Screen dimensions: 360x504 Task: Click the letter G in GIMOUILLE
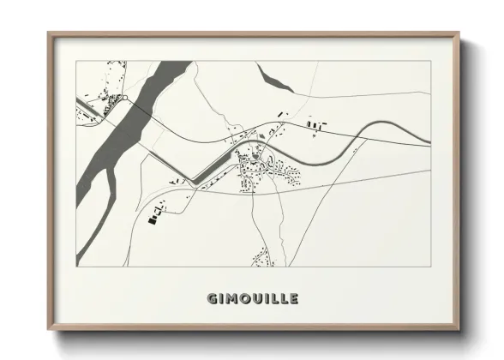click(x=212, y=298)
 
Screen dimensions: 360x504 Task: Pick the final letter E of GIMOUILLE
click(x=294, y=298)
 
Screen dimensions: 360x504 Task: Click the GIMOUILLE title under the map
click(x=253, y=298)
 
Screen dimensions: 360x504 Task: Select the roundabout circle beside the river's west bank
click(x=126, y=99)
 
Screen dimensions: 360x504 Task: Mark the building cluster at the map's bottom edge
click(x=260, y=255)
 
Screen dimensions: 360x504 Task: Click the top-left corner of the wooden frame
click(x=49, y=33)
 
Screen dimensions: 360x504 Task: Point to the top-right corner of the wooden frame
click(x=459, y=33)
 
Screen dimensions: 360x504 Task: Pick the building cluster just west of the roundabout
click(x=110, y=105)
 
